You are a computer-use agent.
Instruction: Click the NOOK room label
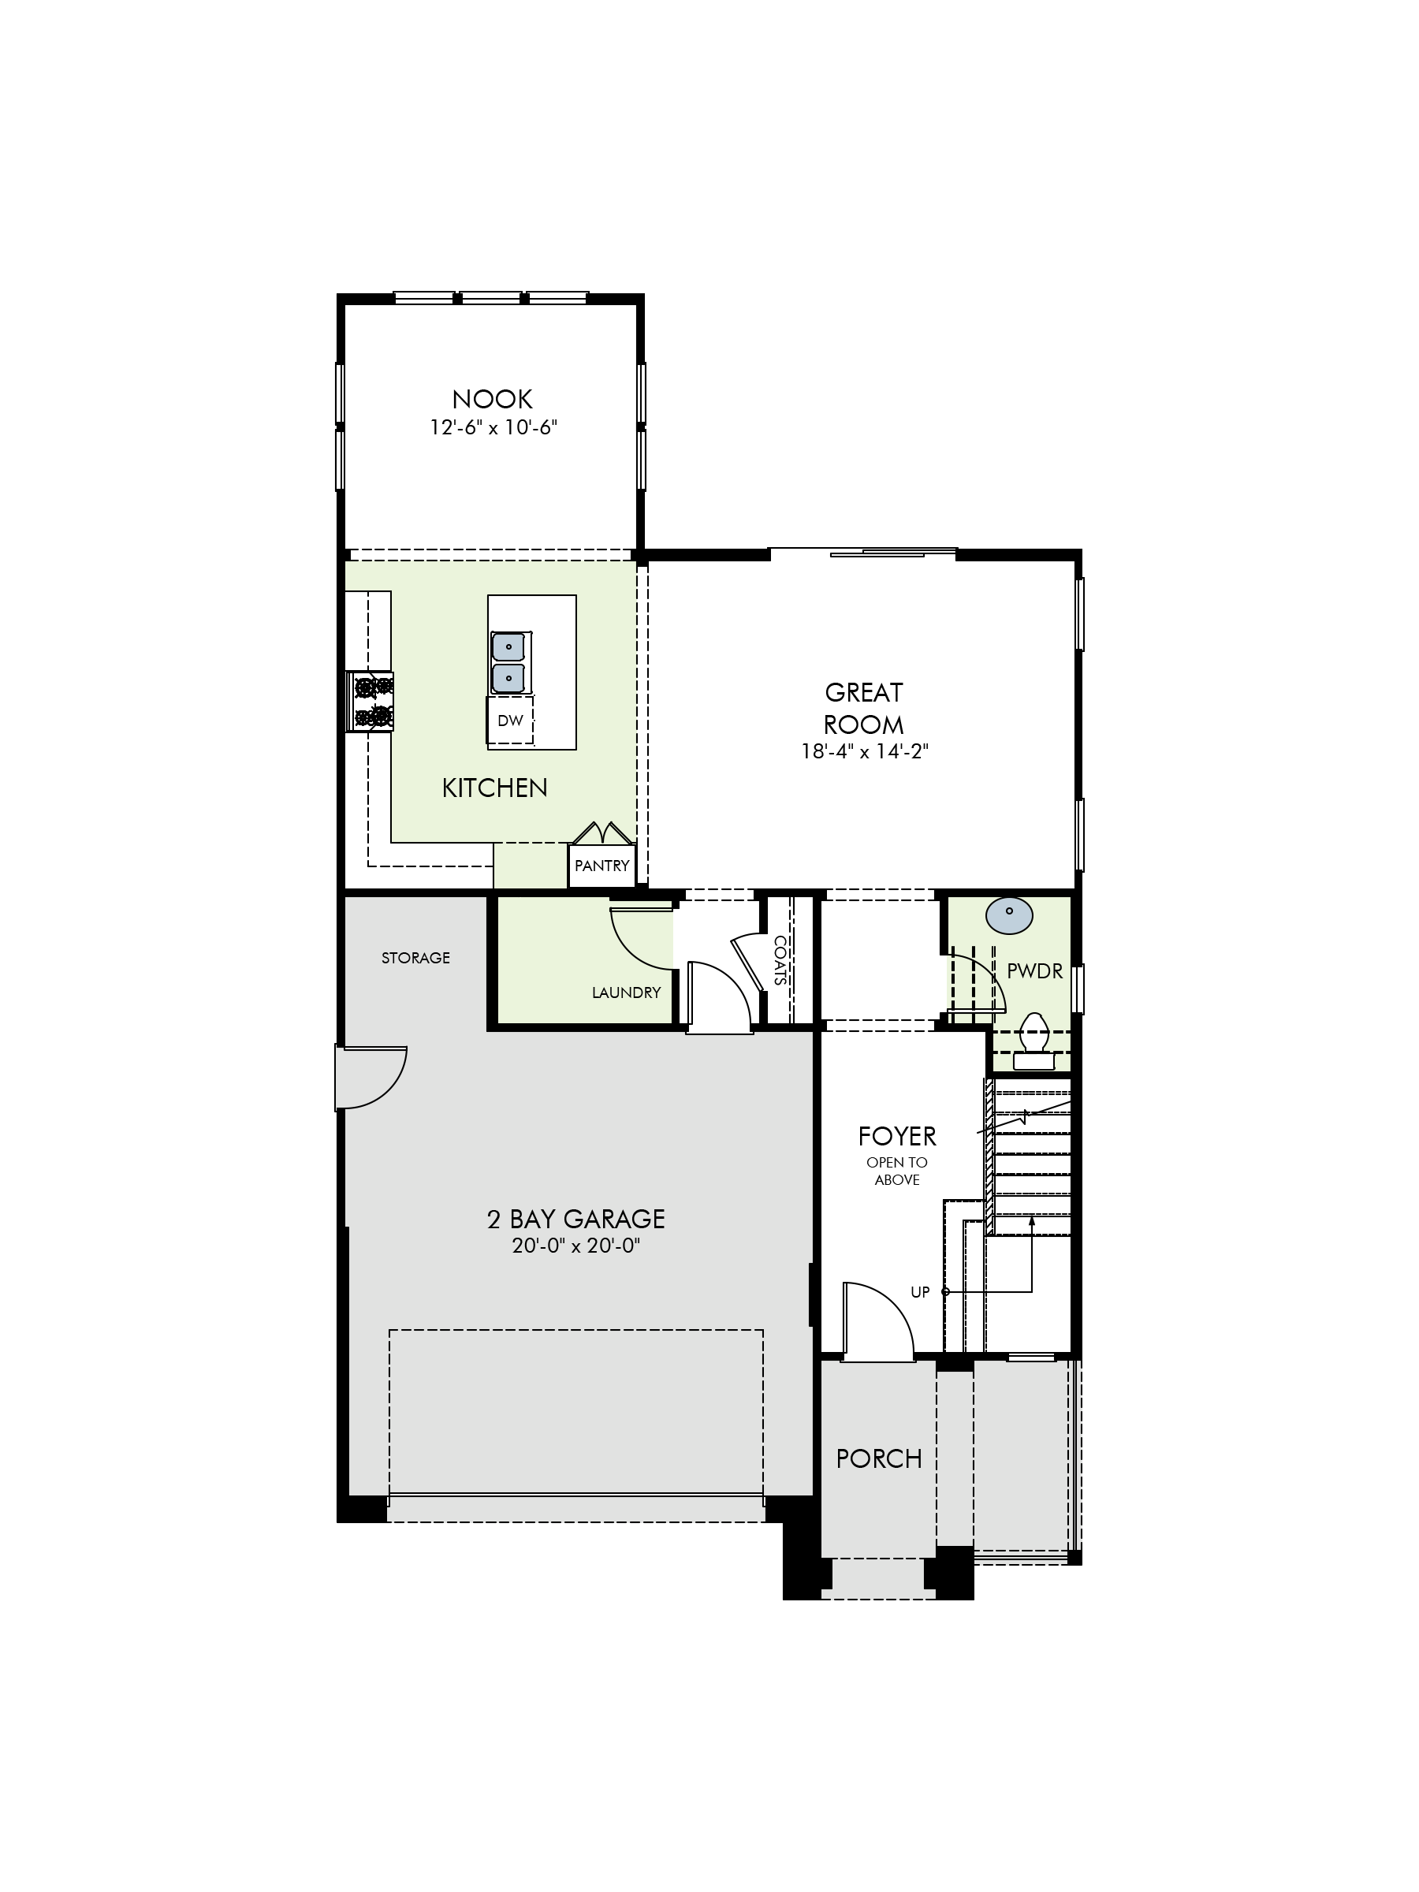[492, 399]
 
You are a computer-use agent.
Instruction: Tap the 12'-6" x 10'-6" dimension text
[493, 426]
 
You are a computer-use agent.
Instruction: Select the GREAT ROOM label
[863, 708]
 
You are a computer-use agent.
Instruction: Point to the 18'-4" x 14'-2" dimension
[865, 751]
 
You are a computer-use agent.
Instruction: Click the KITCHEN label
[494, 788]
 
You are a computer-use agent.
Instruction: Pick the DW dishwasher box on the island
[510, 721]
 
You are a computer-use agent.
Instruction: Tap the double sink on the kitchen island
[509, 663]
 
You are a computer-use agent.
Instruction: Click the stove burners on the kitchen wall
[371, 702]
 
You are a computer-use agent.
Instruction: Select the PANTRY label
[602, 866]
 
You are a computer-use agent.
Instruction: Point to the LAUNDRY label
[626, 993]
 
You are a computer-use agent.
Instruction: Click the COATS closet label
[780, 960]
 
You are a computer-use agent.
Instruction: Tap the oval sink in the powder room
[1009, 915]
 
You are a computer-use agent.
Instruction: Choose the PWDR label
[1035, 970]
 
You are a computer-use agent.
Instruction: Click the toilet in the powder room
[1034, 1041]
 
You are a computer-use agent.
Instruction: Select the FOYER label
[897, 1136]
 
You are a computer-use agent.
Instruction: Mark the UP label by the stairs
[920, 1291]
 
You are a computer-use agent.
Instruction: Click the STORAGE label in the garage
[415, 958]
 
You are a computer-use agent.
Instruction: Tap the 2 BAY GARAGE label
[576, 1219]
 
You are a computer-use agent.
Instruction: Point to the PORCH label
[879, 1458]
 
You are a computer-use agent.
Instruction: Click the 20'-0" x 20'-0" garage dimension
[576, 1246]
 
